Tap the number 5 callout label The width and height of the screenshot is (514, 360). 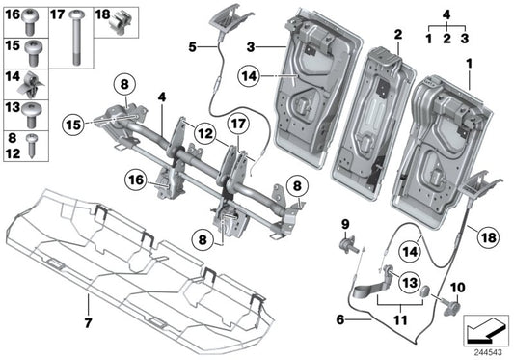coord(192,45)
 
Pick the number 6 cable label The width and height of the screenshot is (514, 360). coord(338,319)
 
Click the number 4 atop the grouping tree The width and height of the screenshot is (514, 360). coord(446,14)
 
